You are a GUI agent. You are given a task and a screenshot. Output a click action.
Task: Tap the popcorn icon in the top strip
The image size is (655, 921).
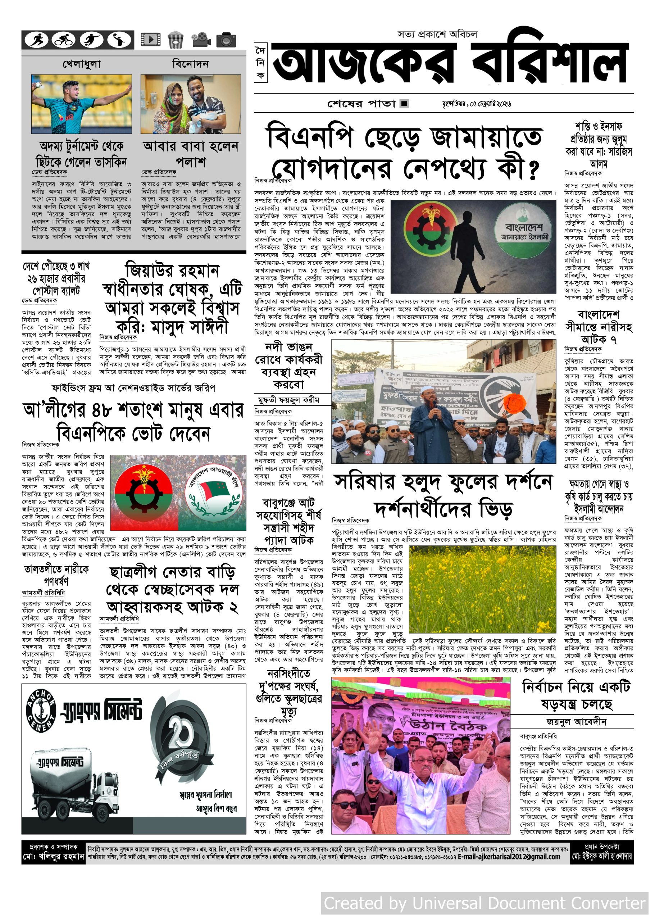(x=175, y=40)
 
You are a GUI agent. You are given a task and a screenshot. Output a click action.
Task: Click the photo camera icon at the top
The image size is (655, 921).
(x=226, y=40)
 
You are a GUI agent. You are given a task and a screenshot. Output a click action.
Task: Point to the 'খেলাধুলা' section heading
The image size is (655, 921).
(x=82, y=64)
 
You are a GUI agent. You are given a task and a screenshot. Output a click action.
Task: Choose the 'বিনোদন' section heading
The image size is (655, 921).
(x=190, y=63)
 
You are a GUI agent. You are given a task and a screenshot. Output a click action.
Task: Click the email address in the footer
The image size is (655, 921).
(x=509, y=857)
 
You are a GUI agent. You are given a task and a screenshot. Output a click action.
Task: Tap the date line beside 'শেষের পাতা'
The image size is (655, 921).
(x=477, y=104)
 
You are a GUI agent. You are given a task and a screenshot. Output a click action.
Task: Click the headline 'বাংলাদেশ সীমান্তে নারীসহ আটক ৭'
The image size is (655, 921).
(x=599, y=326)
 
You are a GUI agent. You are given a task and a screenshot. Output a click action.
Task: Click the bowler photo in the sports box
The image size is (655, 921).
(x=82, y=104)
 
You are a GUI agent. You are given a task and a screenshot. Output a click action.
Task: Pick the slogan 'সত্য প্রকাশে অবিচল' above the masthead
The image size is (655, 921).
(x=437, y=34)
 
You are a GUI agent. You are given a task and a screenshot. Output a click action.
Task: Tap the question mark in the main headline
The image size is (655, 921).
(x=533, y=171)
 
